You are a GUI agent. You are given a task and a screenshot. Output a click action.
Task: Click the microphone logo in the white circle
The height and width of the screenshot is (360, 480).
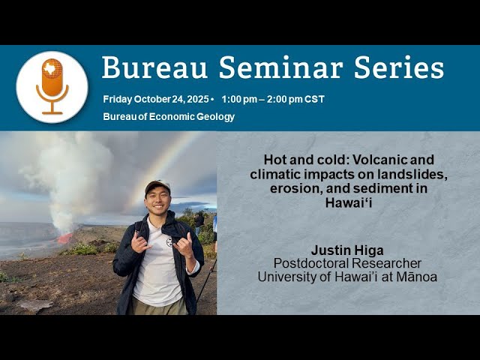pyautogui.click(x=52, y=86)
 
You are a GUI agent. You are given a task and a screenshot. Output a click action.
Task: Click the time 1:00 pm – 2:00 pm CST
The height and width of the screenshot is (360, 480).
pyautogui.click(x=273, y=99)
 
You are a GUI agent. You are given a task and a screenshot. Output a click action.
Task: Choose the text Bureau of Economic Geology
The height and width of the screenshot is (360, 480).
pyautogui.click(x=169, y=116)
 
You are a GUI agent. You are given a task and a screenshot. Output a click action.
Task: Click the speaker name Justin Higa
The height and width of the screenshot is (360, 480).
pyautogui.click(x=348, y=250)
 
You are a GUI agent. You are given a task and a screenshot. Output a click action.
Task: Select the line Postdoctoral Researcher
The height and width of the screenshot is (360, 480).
pyautogui.click(x=348, y=263)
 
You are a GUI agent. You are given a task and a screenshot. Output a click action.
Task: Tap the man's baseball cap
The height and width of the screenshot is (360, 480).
pyautogui.click(x=157, y=185)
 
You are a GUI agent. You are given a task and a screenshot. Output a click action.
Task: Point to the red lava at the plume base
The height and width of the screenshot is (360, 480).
pyautogui.click(x=65, y=238)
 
